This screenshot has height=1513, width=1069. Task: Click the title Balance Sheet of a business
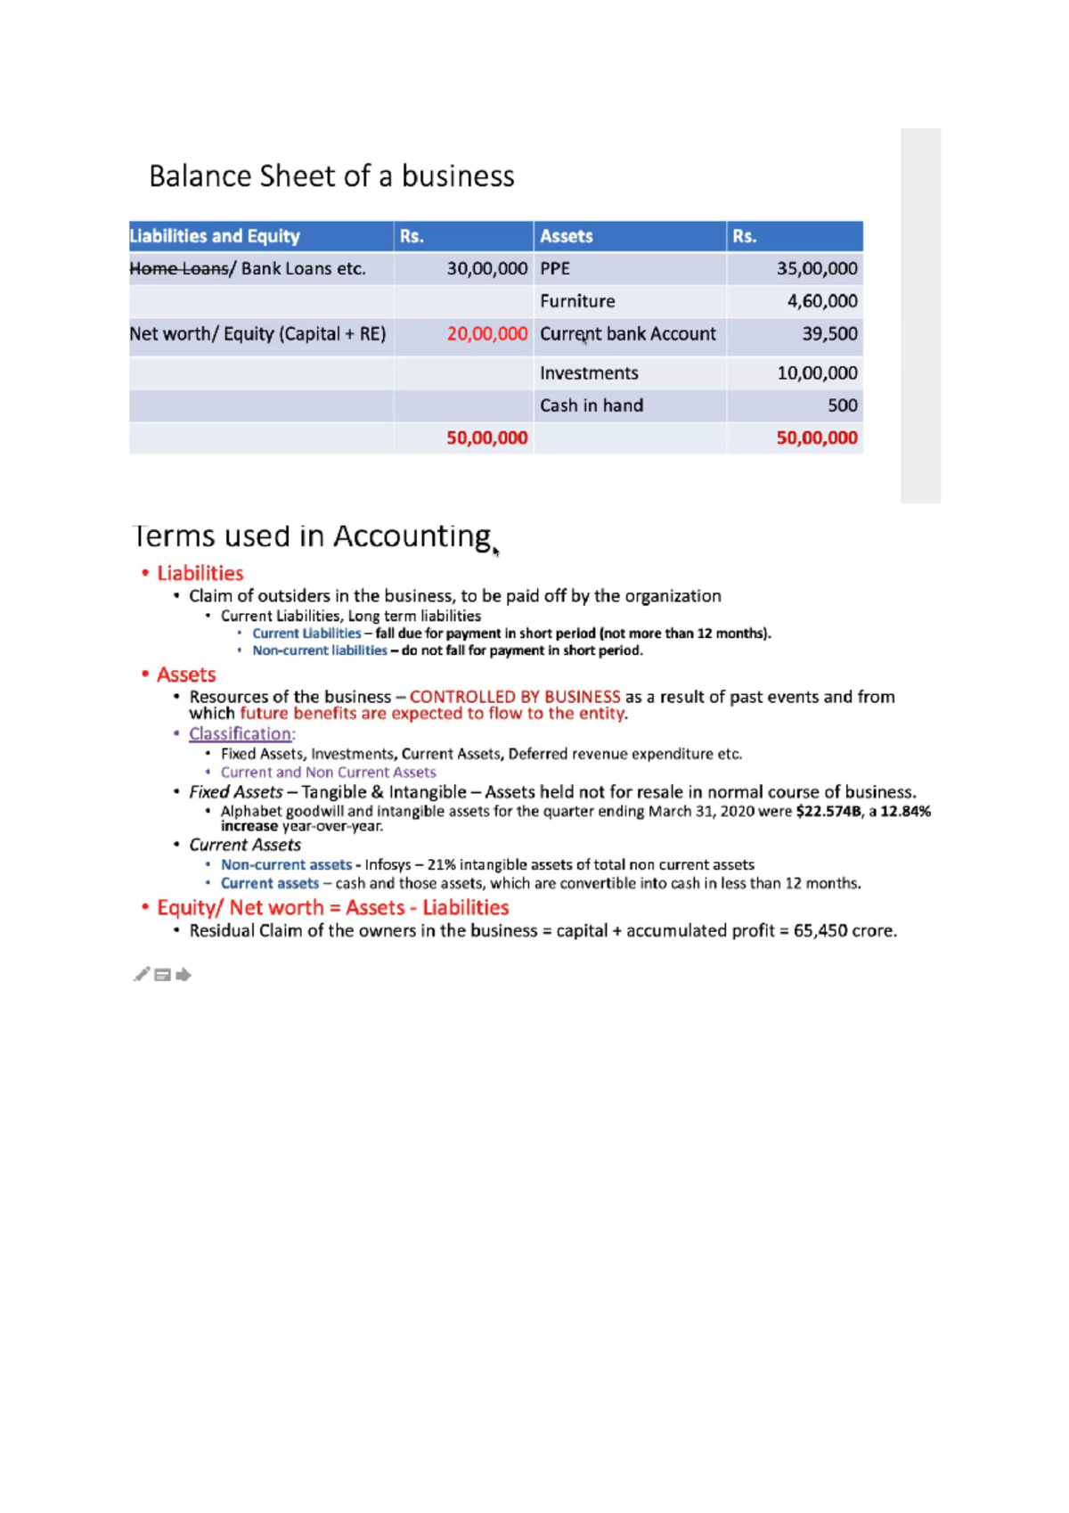tap(331, 176)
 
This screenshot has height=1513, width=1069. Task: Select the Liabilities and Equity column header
tap(215, 236)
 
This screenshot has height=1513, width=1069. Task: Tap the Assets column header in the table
tap(566, 236)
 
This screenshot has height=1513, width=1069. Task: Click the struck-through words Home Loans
tap(178, 269)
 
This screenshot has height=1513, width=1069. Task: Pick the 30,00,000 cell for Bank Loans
tap(486, 269)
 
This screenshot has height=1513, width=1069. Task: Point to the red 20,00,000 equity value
tap(486, 334)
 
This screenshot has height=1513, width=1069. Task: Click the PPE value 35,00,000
tap(816, 269)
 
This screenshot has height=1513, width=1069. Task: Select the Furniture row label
tap(576, 301)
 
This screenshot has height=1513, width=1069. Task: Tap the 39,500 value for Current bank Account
tap(829, 334)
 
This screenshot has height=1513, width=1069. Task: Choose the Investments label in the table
tap(589, 373)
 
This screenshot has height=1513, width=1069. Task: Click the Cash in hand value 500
tap(842, 405)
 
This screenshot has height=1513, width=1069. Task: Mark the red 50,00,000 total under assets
tap(816, 438)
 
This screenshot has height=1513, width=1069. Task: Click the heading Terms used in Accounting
tap(312, 536)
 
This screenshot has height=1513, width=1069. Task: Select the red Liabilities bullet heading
tap(200, 574)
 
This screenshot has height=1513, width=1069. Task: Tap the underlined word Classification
tap(240, 734)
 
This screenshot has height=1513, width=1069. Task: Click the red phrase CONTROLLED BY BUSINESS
tap(514, 697)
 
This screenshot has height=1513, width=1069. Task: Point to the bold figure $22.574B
tap(828, 812)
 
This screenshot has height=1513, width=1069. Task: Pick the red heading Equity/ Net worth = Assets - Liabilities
tap(332, 908)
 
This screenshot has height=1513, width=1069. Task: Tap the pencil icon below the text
tap(142, 975)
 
